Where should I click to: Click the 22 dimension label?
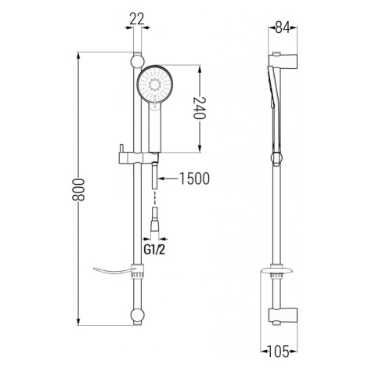tap(137, 19)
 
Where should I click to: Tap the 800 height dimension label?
tap(78, 189)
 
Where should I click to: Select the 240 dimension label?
tap(200, 108)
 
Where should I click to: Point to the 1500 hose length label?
tap(194, 179)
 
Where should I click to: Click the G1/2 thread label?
tap(154, 250)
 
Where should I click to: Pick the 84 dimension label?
tap(283, 27)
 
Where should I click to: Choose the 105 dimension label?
tap(279, 352)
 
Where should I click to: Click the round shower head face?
tap(155, 84)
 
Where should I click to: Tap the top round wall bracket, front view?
tap(137, 62)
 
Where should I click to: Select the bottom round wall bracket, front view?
tap(137, 316)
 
